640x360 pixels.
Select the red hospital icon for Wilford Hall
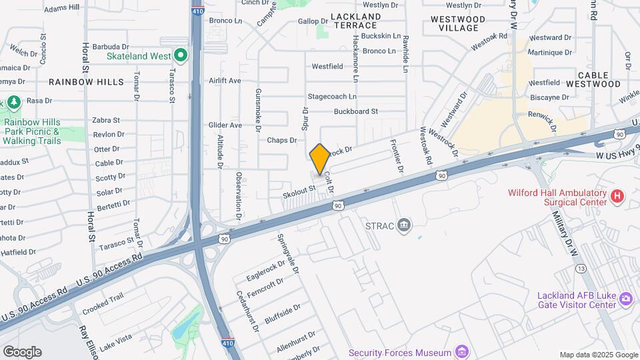point(617,196)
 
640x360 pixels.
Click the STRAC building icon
point(403,226)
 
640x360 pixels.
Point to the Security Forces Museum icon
point(461,351)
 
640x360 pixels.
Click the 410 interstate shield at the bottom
point(227,344)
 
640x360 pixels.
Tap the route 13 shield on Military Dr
point(581,268)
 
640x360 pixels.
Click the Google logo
point(22,351)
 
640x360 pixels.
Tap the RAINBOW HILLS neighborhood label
point(87,82)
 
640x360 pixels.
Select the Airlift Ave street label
point(225,81)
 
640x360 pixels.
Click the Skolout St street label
point(298,190)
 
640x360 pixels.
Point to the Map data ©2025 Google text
point(599,355)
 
